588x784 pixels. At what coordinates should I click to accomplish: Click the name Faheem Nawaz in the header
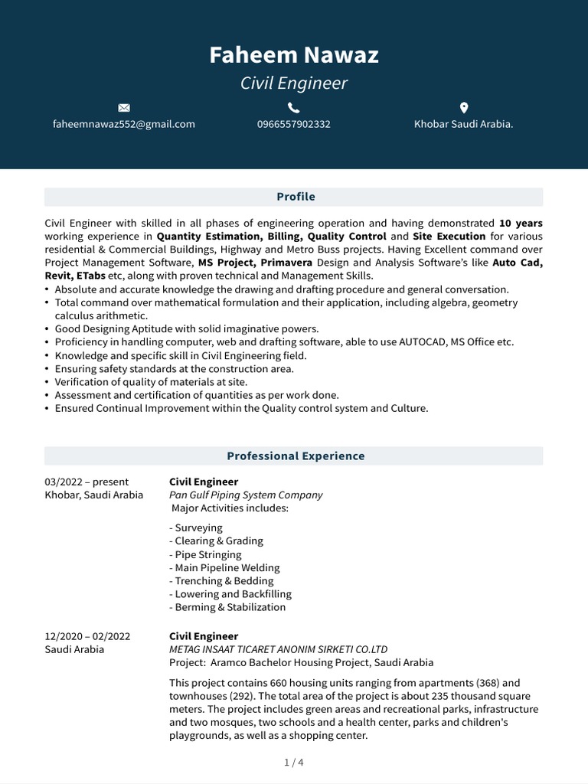pyautogui.click(x=294, y=55)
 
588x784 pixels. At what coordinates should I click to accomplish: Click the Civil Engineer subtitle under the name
pyautogui.click(x=294, y=83)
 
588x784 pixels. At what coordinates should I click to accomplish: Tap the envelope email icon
pyautogui.click(x=124, y=107)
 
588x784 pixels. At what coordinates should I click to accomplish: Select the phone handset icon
pyautogui.click(x=294, y=107)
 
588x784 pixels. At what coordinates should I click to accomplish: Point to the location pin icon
pyautogui.click(x=463, y=107)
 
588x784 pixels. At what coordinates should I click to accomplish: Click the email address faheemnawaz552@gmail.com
pyautogui.click(x=124, y=124)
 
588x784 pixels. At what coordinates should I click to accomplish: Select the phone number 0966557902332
pyautogui.click(x=294, y=124)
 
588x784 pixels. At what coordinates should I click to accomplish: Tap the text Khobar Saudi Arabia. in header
pyautogui.click(x=463, y=124)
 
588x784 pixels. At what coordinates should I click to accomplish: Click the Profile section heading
pyautogui.click(x=296, y=197)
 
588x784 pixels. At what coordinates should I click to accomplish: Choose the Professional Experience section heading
pyautogui.click(x=296, y=456)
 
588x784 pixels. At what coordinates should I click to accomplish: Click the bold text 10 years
pyautogui.click(x=521, y=224)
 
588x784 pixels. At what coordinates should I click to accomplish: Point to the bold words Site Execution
pyautogui.click(x=449, y=237)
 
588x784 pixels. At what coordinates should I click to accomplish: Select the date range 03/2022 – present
pyautogui.click(x=87, y=482)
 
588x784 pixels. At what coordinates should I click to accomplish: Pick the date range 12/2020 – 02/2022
pyautogui.click(x=87, y=636)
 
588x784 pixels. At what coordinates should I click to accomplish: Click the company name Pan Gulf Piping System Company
pyautogui.click(x=246, y=495)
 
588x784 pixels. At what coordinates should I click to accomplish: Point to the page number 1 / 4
pyautogui.click(x=294, y=763)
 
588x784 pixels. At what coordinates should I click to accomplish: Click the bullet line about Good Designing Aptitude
pyautogui.click(x=187, y=329)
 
